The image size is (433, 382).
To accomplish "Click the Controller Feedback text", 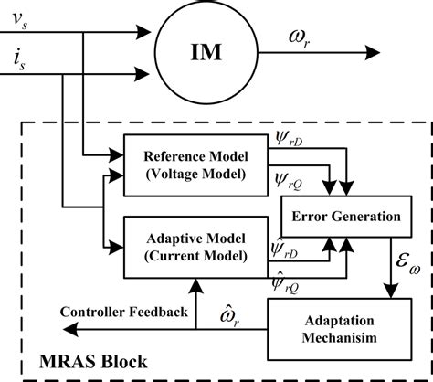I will (x=124, y=313).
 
